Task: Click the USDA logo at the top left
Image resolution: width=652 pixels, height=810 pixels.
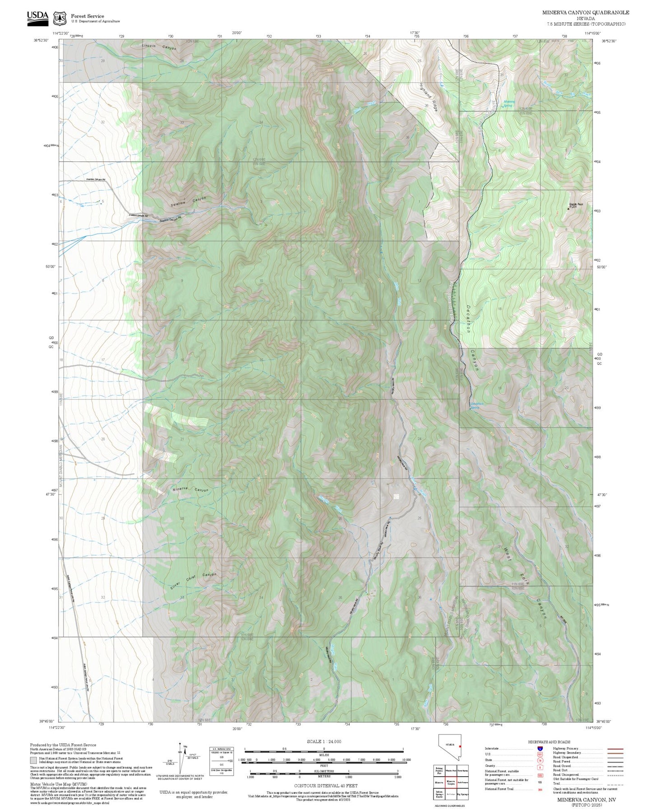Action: (37, 17)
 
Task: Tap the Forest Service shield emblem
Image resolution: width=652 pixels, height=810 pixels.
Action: (60, 19)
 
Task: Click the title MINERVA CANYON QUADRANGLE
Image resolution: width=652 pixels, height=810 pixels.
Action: (585, 12)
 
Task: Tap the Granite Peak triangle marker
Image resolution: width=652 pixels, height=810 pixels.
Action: (568, 209)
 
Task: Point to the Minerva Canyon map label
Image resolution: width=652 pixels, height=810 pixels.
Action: (190, 489)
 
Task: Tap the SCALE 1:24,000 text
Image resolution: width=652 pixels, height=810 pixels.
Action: (324, 741)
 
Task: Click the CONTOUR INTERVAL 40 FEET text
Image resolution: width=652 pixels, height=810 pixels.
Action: (325, 786)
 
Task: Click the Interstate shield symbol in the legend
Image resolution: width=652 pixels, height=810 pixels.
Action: (540, 749)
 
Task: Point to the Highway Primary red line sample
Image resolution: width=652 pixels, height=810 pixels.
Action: (615, 749)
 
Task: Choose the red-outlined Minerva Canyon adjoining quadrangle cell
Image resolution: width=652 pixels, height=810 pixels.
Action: (451, 782)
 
